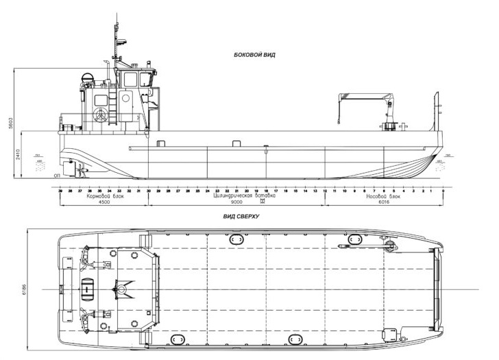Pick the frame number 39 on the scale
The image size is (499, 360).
point(60,190)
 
